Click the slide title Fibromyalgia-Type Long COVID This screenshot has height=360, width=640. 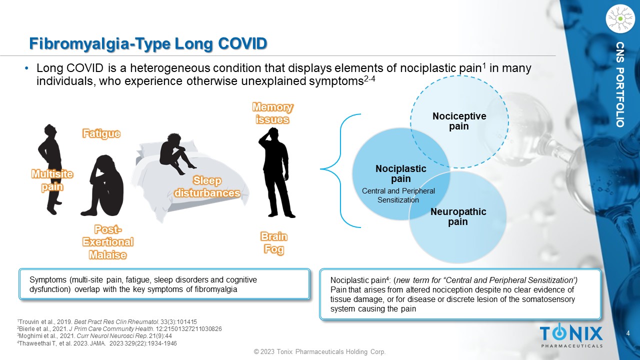point(147,43)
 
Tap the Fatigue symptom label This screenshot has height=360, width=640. point(101,133)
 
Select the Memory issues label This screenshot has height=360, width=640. point(272,113)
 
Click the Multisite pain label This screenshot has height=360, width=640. point(52,180)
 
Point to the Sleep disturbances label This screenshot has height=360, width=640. point(207,186)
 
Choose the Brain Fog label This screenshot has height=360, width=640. point(274,242)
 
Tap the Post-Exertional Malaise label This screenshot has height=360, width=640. point(108,242)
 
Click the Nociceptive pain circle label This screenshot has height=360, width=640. point(458,121)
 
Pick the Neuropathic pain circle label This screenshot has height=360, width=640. point(458,216)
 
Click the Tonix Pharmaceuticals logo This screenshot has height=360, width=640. point(571,335)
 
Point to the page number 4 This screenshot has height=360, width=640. point(628,333)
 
